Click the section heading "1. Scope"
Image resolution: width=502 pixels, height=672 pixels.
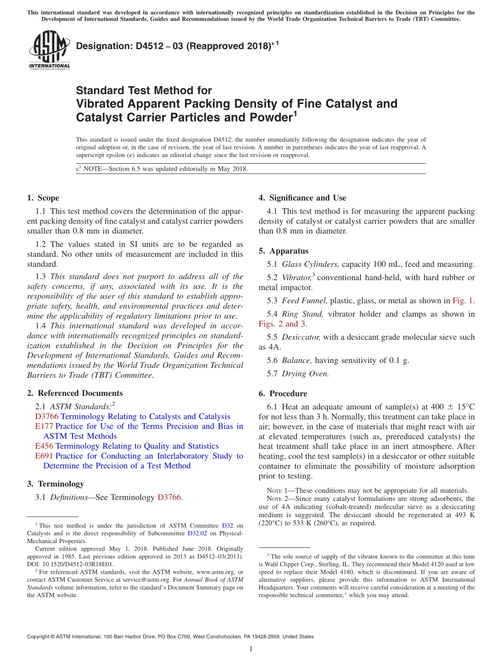tap(43, 198)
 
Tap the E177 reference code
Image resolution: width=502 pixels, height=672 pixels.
tap(44, 426)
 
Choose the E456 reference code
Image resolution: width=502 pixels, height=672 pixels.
tap(44, 446)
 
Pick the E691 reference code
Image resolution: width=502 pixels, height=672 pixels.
tap(44, 456)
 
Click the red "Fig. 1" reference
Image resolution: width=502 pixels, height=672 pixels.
tap(463, 301)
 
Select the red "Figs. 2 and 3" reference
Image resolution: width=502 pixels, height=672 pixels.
tap(282, 324)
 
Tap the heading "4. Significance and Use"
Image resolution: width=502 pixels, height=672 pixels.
tap(302, 198)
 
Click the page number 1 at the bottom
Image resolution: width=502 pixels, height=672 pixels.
tap(251, 649)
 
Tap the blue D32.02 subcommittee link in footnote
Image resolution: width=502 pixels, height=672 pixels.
tap(196, 534)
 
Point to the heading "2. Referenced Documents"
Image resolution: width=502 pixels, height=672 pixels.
tap(75, 394)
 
